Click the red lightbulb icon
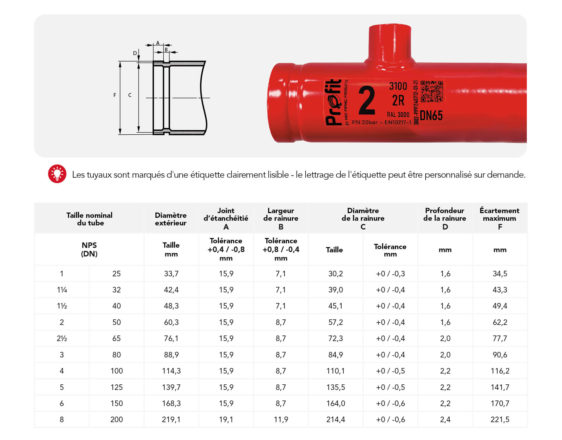click(57, 174)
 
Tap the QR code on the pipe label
click(432, 92)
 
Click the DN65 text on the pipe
click(431, 116)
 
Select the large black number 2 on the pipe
click(367, 100)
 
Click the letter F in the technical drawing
click(115, 95)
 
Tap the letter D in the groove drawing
click(135, 53)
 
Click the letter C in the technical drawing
click(130, 95)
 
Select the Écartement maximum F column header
click(500, 218)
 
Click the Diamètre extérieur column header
click(171, 219)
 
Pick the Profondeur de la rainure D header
click(445, 218)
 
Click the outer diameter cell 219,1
click(171, 420)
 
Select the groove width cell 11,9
click(281, 420)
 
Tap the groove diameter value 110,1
click(335, 371)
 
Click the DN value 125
click(116, 387)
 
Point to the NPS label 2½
click(62, 338)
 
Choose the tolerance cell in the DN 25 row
click(390, 274)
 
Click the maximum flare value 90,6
click(500, 355)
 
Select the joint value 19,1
click(226, 420)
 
